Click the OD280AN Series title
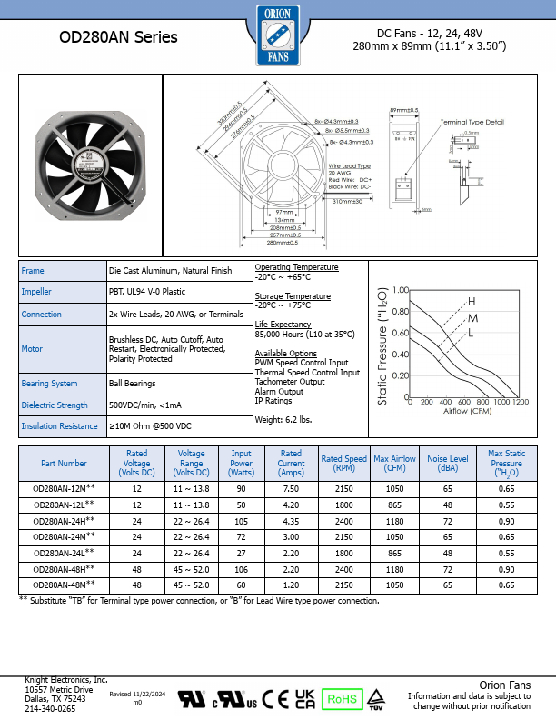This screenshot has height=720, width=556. click(x=118, y=38)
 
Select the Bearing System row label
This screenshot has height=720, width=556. click(x=50, y=384)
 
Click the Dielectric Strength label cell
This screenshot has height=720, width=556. click(x=55, y=405)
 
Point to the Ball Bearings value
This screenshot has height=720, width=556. click(x=132, y=384)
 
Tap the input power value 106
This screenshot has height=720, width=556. click(x=242, y=568)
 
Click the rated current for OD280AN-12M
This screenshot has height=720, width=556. click(x=291, y=488)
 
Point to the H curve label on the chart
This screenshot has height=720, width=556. click(x=472, y=301)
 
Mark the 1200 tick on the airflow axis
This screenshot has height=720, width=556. click(x=521, y=401)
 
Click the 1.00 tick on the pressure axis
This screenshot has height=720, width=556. click(x=401, y=290)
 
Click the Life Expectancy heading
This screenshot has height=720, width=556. click(x=283, y=325)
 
